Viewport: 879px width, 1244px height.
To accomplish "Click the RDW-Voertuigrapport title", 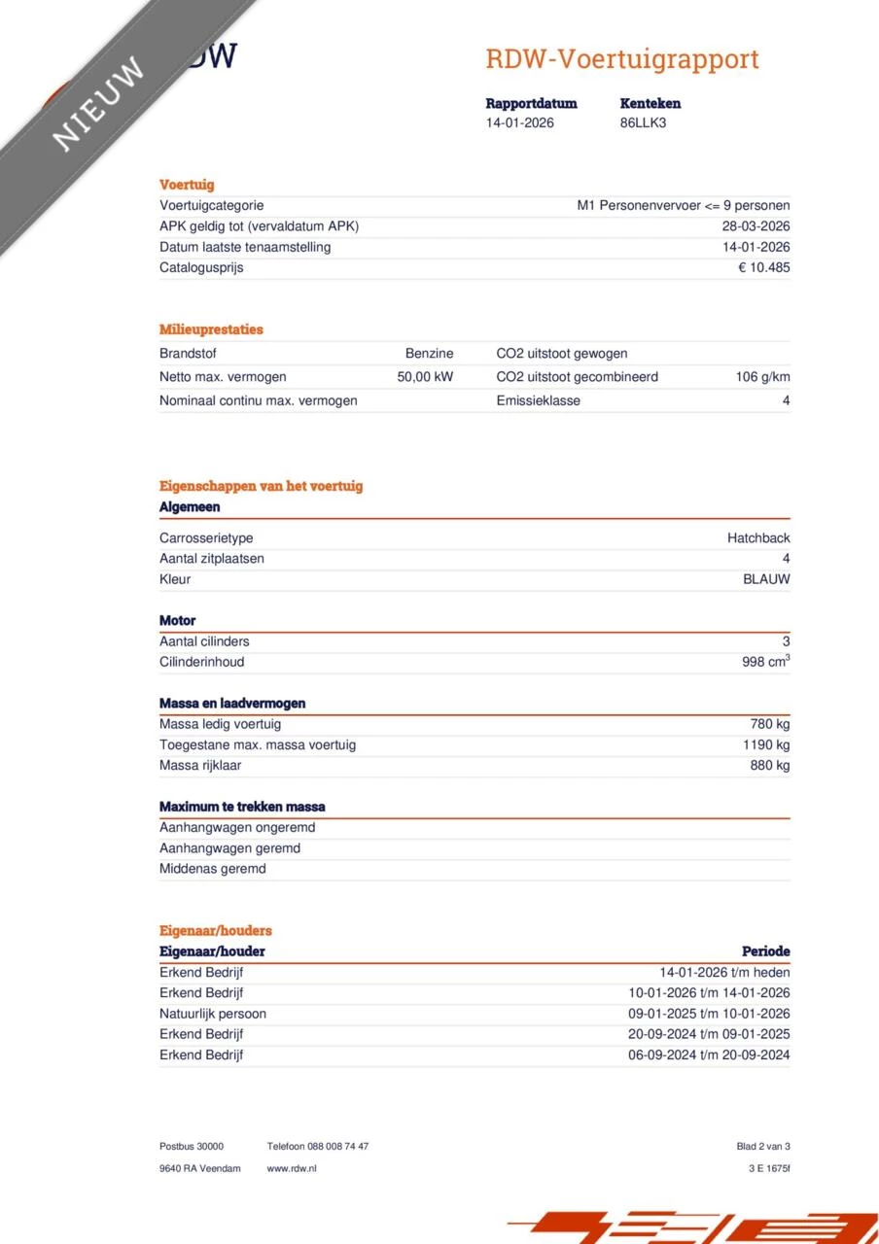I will (x=621, y=59).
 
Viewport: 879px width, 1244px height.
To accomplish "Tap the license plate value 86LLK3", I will (x=643, y=123).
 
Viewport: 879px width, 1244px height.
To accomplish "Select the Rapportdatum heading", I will (x=531, y=103).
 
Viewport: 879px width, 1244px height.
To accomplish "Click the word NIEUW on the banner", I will (x=98, y=103).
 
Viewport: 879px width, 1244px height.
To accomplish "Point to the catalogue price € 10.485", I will (x=763, y=267).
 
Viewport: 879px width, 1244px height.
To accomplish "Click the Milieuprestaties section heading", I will (x=211, y=329).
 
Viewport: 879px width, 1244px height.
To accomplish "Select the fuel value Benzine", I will (x=429, y=354).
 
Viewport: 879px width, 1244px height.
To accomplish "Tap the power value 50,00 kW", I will (x=425, y=377).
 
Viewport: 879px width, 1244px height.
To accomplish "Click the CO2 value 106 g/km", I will (x=762, y=377).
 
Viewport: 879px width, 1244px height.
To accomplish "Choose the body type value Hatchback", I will (x=758, y=538).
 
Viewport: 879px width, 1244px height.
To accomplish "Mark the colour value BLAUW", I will (x=766, y=579).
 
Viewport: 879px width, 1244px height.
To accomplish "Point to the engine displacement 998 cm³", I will (x=765, y=662).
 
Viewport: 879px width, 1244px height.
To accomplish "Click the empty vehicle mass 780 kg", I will (x=769, y=724).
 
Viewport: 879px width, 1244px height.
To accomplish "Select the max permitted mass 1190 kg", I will (x=766, y=744).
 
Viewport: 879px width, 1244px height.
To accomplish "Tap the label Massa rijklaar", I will (x=200, y=765).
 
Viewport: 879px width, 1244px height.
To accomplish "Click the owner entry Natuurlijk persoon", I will (x=213, y=1014).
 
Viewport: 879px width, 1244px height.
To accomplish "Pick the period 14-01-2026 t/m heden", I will (x=724, y=972).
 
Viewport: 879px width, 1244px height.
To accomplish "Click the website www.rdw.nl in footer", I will (x=292, y=1168).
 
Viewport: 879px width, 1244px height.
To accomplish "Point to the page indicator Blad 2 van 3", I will (x=763, y=1147).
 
